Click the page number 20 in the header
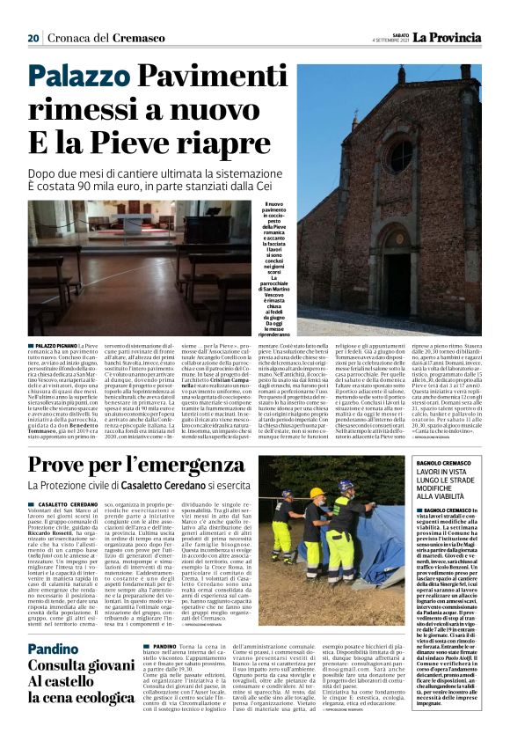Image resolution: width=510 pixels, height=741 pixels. (34, 38)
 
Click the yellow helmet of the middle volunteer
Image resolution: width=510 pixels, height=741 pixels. (317, 493)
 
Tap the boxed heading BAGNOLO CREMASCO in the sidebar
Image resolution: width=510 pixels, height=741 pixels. (443, 462)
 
